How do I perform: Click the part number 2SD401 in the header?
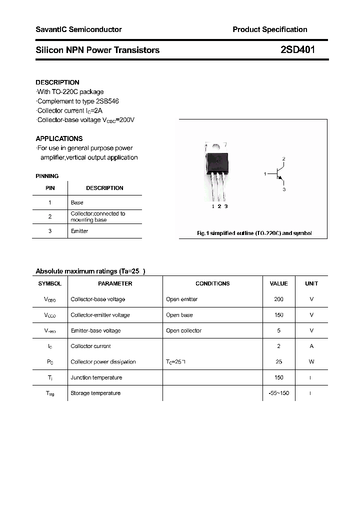tap(298, 50)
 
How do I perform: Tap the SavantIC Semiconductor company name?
tap(78, 29)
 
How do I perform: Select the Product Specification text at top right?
tap(270, 29)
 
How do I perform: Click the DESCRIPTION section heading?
tap(57, 82)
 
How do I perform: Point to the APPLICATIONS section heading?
tap(59, 138)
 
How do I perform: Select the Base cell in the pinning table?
tap(77, 202)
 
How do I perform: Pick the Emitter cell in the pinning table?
tap(79, 231)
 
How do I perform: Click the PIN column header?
tap(50, 188)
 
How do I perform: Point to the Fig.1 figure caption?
tap(253, 233)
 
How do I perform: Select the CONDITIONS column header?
tap(212, 283)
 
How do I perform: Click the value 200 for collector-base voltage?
tap(278, 299)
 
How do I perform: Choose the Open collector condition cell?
tap(183, 330)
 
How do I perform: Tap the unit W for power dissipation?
tap(311, 362)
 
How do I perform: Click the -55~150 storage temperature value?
tap(278, 393)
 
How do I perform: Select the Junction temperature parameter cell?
tap(96, 377)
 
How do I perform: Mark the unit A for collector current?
tap(311, 346)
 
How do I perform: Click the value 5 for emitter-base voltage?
tap(278, 330)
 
